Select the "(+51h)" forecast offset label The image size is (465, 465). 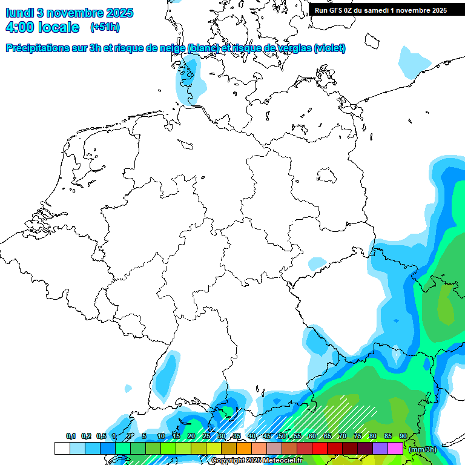click(105, 27)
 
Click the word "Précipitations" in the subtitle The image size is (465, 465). click(36, 48)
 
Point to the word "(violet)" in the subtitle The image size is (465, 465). click(330, 48)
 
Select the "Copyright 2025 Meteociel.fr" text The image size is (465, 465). click(257, 461)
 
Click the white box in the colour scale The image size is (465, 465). click(62, 448)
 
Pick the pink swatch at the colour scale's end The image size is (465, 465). click(395, 448)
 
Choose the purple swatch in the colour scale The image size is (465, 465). click(380, 448)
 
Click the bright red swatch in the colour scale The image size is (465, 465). click(319, 448)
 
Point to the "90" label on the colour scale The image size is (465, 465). click(403, 436)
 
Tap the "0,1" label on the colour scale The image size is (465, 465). click(71, 436)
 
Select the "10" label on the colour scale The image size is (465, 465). click(160, 436)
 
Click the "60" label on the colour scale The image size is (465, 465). click(312, 436)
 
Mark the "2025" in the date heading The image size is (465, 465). click(119, 12)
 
